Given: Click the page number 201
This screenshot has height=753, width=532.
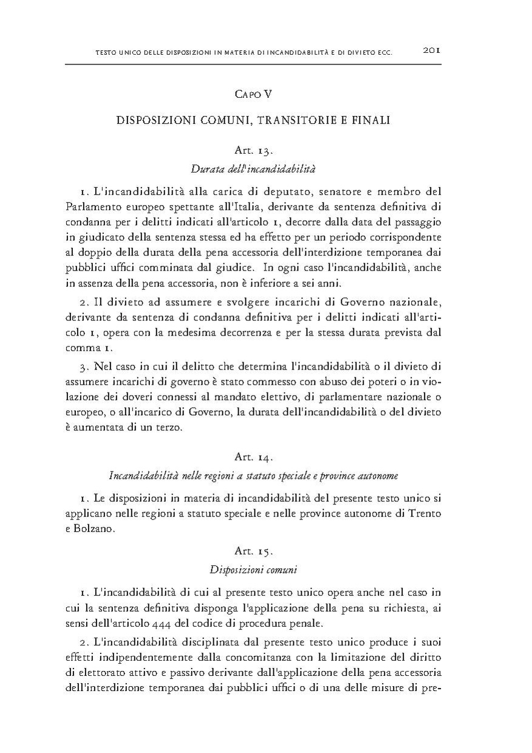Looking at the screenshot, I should [x=431, y=51].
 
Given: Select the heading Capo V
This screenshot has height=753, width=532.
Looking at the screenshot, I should [x=253, y=94].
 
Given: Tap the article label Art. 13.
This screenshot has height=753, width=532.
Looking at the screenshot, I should [x=253, y=150].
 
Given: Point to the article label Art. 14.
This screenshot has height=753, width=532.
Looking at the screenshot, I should [x=253, y=455].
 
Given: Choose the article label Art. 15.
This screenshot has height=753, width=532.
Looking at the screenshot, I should [x=253, y=551].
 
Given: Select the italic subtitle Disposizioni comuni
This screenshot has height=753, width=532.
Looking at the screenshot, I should [x=253, y=569].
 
